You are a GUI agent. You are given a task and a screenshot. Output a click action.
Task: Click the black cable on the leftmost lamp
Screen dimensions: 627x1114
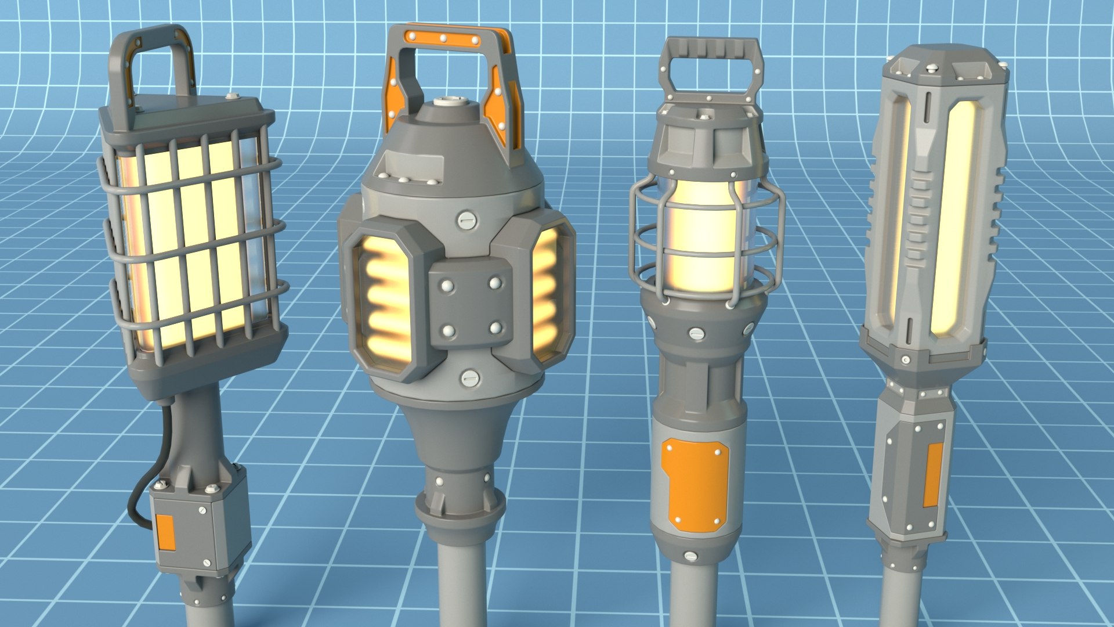pos(139,493)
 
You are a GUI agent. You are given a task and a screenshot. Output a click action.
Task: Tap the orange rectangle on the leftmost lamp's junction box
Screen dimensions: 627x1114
pos(166,532)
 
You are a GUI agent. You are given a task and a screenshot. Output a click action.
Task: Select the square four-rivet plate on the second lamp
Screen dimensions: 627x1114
pos(471,308)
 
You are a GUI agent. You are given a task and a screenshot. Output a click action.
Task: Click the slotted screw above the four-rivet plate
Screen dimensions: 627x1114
pos(466,219)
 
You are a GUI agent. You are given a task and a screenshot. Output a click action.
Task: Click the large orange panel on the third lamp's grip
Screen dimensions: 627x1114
pos(695,485)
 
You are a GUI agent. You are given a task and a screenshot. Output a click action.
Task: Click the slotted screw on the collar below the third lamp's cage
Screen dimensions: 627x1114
pos(696,334)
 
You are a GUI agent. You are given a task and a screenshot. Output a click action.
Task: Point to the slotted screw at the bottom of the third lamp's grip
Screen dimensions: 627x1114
pos(690,556)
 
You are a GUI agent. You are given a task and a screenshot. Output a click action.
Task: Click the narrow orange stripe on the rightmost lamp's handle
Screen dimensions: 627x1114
pos(934,475)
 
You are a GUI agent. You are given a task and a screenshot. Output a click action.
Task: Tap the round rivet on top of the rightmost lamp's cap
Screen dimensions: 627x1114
pos(932,69)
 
